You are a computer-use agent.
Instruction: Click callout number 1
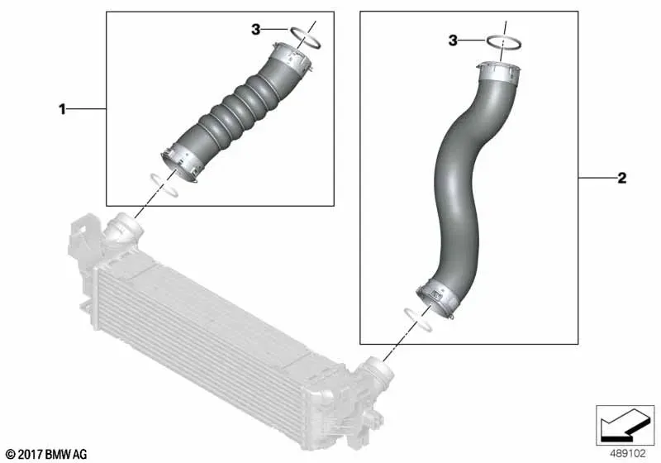(63, 110)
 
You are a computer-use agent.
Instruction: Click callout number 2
(622, 179)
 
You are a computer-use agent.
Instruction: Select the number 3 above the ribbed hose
(256, 30)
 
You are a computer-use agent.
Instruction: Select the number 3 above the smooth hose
(453, 41)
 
